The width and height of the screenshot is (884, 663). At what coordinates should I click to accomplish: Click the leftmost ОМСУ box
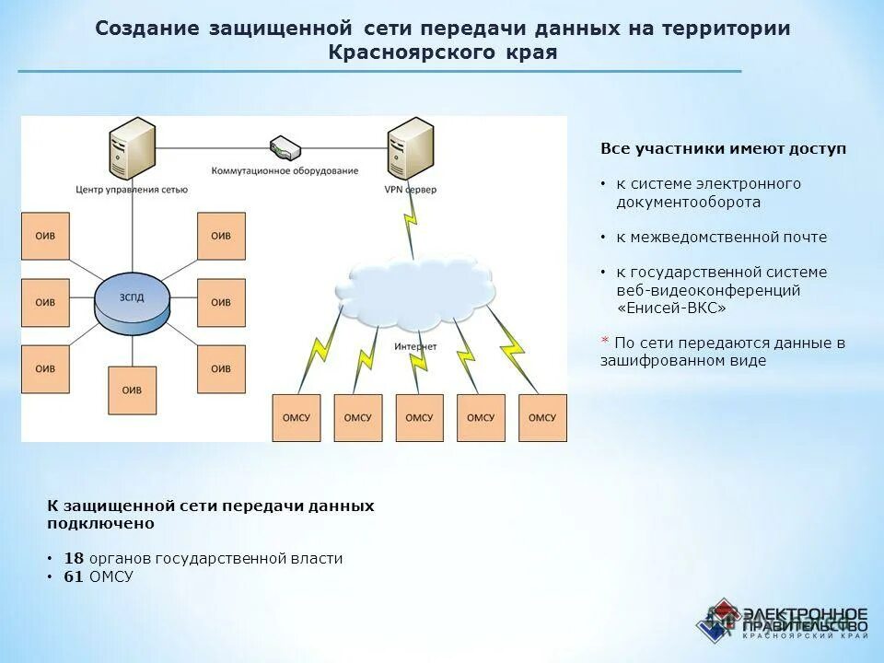(296, 417)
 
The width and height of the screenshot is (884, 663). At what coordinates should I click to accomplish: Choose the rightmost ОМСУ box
(542, 417)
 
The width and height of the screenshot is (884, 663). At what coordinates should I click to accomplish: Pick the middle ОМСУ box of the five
(419, 417)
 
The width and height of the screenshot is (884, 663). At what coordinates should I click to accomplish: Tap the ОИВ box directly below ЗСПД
(132, 390)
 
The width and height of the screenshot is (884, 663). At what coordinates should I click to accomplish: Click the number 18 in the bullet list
(74, 559)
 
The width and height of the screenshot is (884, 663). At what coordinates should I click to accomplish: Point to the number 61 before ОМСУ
(74, 577)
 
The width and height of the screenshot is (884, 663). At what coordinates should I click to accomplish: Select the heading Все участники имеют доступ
(723, 148)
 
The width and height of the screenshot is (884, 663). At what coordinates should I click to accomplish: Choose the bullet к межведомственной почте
(721, 238)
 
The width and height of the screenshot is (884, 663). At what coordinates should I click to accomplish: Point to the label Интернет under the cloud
(415, 346)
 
